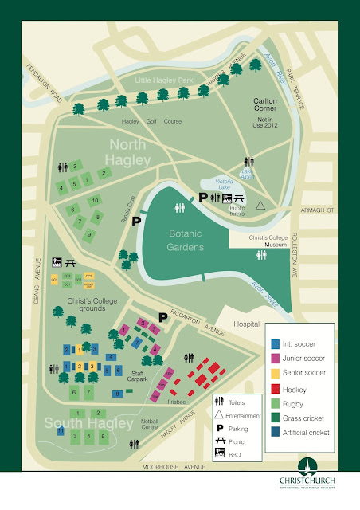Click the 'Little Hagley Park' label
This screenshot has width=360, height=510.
(161, 79)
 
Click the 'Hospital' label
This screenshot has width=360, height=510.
(248, 325)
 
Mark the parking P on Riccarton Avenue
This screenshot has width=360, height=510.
(162, 316)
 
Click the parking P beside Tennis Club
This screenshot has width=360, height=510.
(136, 221)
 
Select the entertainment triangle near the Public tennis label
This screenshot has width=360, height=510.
(260, 205)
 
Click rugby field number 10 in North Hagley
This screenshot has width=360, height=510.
(94, 201)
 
